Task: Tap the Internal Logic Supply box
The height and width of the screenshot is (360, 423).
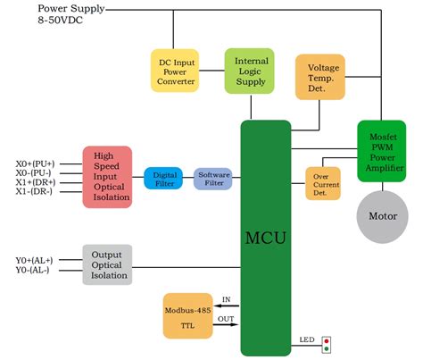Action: pyautogui.click(x=250, y=71)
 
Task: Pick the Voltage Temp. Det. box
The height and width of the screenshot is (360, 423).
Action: pyautogui.click(x=319, y=76)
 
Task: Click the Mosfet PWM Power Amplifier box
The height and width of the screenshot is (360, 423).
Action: pyautogui.click(x=383, y=151)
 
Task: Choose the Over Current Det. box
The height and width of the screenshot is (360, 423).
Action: pyautogui.click(x=323, y=182)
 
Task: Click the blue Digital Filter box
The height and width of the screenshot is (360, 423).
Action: pyautogui.click(x=164, y=178)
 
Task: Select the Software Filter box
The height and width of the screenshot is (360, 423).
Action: pyautogui.click(x=214, y=178)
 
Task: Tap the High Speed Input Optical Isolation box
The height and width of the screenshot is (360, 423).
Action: pyautogui.click(x=107, y=177)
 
